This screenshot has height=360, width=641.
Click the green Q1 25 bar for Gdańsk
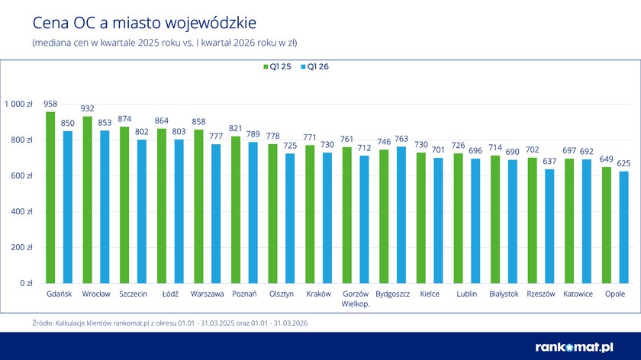click(50, 198)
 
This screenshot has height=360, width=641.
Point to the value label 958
click(50, 103)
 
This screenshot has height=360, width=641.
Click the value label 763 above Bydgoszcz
click(401, 139)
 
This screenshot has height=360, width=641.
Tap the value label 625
click(623, 163)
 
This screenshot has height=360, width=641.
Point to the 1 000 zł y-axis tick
click(18, 104)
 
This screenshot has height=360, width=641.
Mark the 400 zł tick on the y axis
click(21, 211)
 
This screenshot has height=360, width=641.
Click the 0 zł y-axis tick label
click(25, 283)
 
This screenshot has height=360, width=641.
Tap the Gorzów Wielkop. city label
click(356, 298)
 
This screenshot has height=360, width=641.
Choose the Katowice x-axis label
click(578, 294)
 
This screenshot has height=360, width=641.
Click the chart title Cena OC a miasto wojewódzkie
click(126, 21)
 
